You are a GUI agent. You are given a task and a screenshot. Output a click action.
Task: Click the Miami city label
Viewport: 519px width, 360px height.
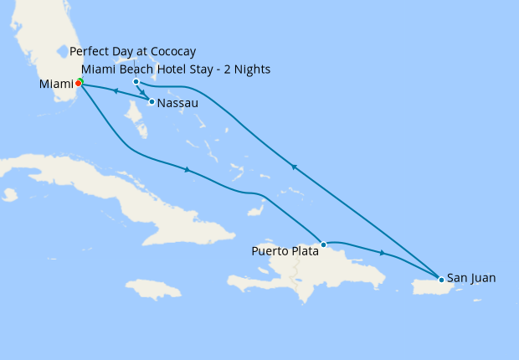56,84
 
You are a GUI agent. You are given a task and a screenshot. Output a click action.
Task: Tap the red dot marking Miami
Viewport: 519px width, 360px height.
78,83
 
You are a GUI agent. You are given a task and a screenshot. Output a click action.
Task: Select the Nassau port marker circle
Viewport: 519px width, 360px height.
152,102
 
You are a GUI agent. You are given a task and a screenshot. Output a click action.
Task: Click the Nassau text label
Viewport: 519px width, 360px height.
177,103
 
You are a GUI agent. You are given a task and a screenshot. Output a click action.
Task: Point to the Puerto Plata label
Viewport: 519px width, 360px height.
285,250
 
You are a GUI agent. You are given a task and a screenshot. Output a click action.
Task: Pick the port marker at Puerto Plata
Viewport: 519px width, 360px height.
323,244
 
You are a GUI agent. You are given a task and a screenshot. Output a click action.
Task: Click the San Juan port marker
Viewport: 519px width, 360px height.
441,279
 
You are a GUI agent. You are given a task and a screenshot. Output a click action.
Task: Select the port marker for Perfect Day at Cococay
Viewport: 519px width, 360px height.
136,81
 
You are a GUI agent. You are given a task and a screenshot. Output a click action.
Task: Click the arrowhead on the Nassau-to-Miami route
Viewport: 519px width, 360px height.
114,91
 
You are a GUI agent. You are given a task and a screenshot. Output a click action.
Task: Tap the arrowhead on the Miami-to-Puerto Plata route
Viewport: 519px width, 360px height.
187,170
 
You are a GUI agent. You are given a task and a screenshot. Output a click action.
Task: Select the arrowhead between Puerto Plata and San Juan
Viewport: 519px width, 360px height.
383,253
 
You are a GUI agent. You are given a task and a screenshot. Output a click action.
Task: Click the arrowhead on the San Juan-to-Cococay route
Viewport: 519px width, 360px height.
293,167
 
